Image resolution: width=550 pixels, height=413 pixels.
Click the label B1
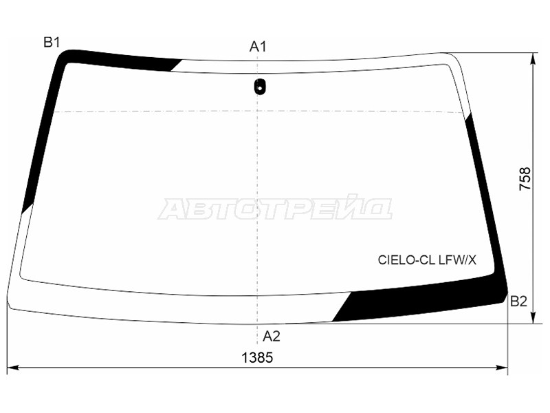point(52,43)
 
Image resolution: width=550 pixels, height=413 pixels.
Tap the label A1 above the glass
point(258,47)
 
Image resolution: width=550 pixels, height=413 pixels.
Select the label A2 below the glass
point(272,337)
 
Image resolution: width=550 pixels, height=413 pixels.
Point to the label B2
point(518,300)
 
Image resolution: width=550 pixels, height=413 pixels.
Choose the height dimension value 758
point(525,179)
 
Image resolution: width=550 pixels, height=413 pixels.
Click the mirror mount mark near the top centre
point(259,87)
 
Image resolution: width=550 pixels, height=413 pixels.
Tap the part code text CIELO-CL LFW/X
point(426,260)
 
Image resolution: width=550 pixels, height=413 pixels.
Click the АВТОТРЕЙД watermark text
point(275,208)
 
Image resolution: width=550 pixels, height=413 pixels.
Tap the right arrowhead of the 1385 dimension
point(505,368)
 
